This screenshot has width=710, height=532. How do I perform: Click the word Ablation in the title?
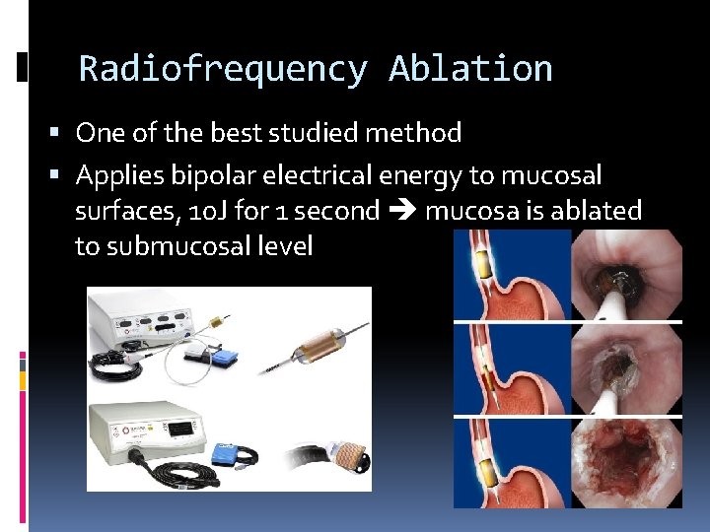[470, 69]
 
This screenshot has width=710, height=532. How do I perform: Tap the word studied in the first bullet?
[335, 132]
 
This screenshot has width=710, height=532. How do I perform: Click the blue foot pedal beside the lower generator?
[226, 454]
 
